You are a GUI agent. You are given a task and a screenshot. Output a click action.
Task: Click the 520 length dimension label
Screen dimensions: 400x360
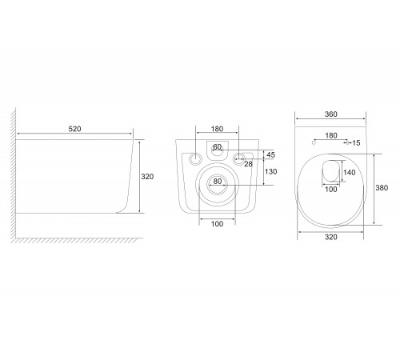point(74,129)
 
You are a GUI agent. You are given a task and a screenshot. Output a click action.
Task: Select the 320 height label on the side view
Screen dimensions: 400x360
point(147,177)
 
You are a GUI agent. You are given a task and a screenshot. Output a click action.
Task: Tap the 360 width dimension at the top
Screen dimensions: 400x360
point(331,114)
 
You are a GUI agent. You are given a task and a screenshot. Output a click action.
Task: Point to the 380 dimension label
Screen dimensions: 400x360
point(382,188)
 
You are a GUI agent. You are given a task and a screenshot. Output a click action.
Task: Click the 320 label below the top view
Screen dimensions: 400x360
point(331,237)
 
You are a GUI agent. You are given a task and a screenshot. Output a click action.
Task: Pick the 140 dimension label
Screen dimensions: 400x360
point(349,173)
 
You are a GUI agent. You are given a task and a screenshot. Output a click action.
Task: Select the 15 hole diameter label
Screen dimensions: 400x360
point(356,143)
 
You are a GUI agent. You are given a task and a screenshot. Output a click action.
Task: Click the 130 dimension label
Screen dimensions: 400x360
point(271,172)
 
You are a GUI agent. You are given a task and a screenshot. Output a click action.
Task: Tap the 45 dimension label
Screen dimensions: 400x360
point(270,154)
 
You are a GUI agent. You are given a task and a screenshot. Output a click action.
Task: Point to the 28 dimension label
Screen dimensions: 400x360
point(248,164)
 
